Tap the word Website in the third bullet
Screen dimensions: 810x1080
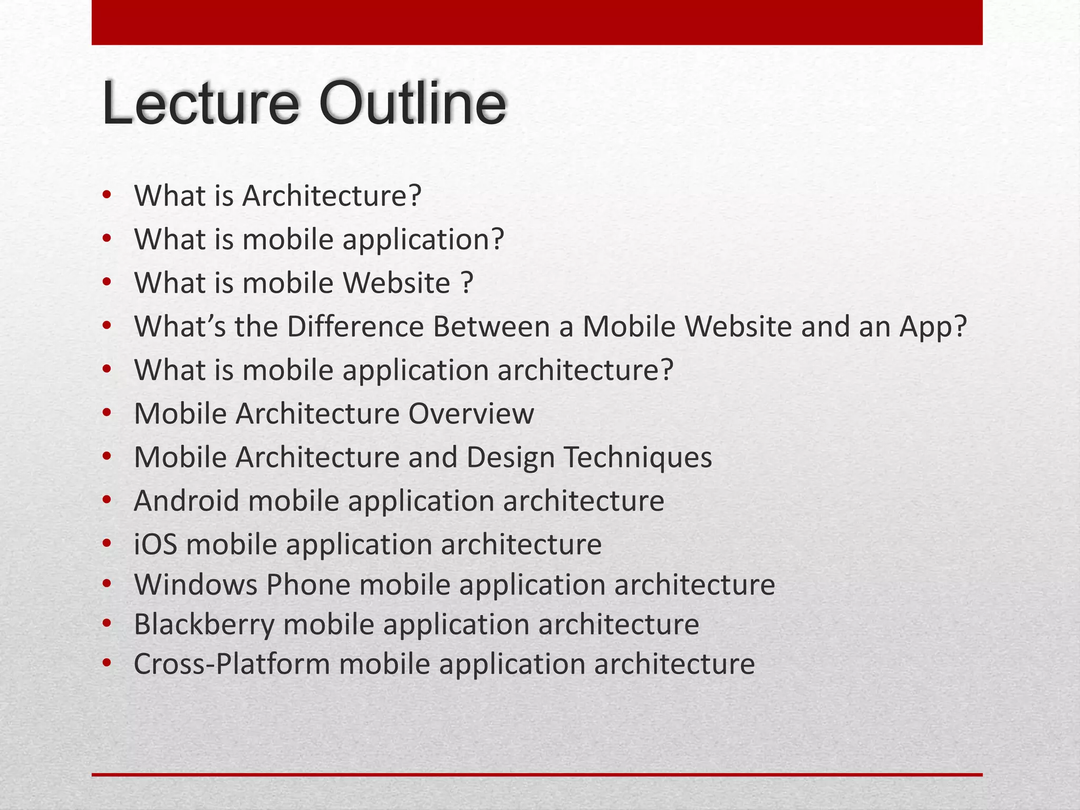coord(397,283)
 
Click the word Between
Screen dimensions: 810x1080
coord(491,326)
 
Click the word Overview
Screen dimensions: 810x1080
coord(471,413)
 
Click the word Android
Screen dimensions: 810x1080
coord(186,501)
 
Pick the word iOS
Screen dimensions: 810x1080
coord(156,544)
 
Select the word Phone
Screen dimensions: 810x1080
coord(308,585)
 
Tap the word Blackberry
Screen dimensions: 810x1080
coord(204,625)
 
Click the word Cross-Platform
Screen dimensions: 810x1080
coord(232,664)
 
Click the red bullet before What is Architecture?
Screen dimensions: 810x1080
coord(107,196)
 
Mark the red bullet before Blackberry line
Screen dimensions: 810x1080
coord(107,625)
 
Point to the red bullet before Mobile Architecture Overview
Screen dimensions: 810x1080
coord(107,414)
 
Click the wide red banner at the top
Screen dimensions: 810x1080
coord(537,22)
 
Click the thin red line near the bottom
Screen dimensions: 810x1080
coord(537,775)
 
